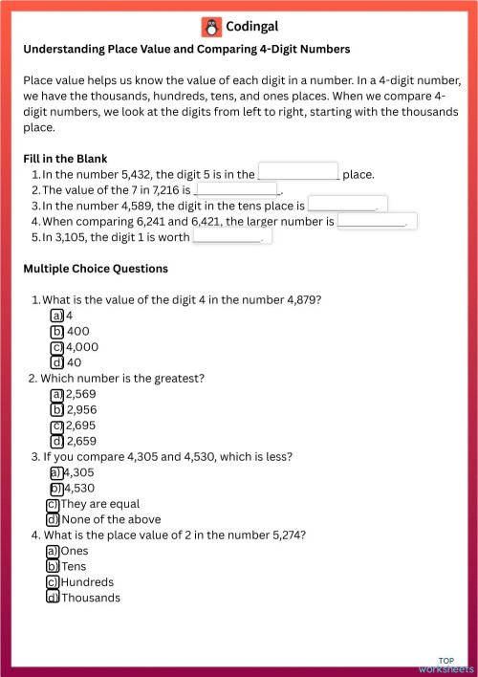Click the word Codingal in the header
(x=252, y=27)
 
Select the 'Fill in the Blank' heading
(x=65, y=158)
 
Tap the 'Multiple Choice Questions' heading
(x=95, y=269)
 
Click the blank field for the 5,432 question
(x=298, y=172)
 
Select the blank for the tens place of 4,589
(x=347, y=205)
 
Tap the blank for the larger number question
(x=377, y=221)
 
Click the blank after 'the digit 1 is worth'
(x=232, y=236)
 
